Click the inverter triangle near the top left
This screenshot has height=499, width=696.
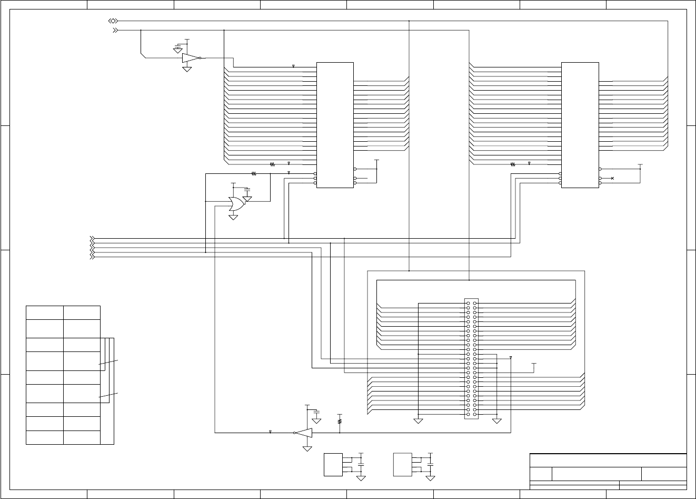[x=190, y=58]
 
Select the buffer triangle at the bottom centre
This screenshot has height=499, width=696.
[x=304, y=433]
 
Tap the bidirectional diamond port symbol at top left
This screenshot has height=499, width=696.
[x=113, y=21]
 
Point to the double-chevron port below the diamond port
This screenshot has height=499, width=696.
[x=115, y=31]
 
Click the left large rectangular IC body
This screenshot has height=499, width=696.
[x=335, y=125]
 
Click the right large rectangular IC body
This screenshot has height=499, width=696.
[x=580, y=125]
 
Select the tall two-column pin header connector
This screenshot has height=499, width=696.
[x=471, y=359]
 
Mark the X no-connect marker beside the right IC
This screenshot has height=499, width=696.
[x=612, y=179]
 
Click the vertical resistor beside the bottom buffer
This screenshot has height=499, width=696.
[x=340, y=421]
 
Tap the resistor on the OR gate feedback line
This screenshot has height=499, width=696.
[x=253, y=173]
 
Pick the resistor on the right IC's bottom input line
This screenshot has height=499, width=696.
[x=513, y=164]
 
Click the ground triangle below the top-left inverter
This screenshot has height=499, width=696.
[x=186, y=69]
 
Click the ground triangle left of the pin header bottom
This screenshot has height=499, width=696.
[x=418, y=421]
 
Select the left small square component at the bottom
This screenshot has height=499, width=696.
[x=333, y=464]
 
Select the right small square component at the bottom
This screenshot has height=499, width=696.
[x=403, y=464]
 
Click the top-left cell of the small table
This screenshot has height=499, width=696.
[x=45, y=312]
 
